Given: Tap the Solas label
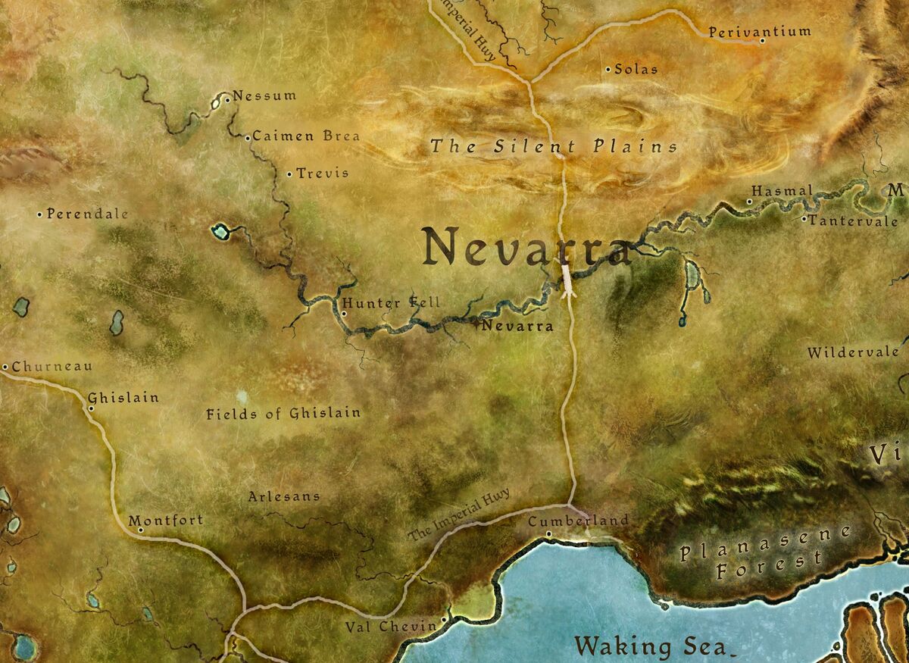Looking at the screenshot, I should (636, 69).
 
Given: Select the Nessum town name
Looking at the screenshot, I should (264, 96).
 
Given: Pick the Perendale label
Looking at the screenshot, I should (87, 214).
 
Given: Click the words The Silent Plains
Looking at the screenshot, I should (554, 146).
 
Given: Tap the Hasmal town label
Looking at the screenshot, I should (782, 191).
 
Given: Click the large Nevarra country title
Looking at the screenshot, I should (526, 247).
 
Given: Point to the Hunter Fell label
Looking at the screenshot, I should (391, 304).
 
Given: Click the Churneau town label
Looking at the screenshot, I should (52, 367).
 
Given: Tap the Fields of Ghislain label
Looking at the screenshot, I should (283, 414).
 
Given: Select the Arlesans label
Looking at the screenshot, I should (284, 497).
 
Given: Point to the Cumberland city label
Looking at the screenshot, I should (578, 521).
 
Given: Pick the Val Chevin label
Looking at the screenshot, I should (391, 626).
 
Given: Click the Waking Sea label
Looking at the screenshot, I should (651, 647).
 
